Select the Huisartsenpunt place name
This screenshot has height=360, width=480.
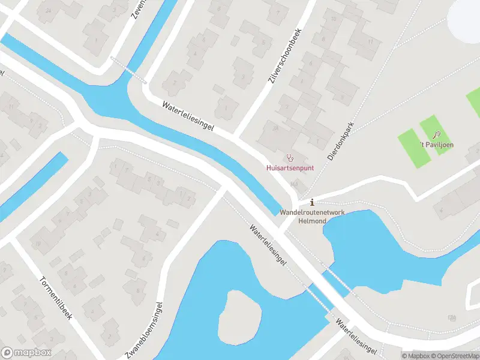pos(290,169)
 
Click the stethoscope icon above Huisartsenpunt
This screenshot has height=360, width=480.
pos(290,158)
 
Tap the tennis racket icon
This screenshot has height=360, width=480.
pos(437,135)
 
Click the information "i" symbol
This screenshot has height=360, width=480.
pos(311,202)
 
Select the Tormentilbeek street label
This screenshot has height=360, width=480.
pos(55,298)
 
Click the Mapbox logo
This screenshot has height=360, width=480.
pos(26,353)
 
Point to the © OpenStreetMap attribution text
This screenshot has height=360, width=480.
pos(454,356)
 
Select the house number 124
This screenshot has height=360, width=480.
pos(451,317)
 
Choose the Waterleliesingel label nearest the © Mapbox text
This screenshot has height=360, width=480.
pos(356,337)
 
